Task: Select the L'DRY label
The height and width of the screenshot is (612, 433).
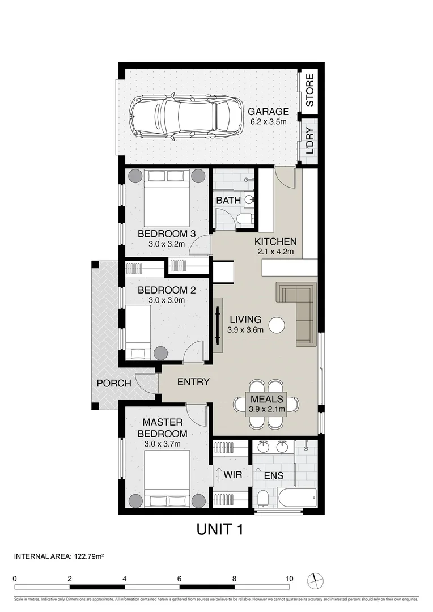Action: [x=309, y=143]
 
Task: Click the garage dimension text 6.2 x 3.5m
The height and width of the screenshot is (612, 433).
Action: [x=269, y=122]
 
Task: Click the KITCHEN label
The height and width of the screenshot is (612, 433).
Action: [x=275, y=241]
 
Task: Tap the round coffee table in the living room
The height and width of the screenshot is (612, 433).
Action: [x=277, y=325]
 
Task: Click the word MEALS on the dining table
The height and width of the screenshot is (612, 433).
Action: [x=266, y=399]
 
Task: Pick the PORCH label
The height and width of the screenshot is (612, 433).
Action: [x=113, y=383]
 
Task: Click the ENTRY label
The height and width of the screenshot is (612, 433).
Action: [x=193, y=382]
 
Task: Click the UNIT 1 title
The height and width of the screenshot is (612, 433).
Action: [x=220, y=529]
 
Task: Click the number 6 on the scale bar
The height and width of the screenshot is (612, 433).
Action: [x=179, y=579]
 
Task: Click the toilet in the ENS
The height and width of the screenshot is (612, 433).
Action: [x=262, y=498]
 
